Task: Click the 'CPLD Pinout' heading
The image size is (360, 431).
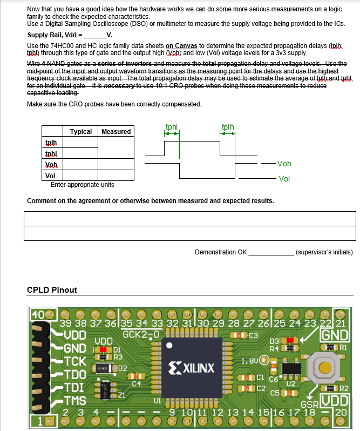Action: (52, 290)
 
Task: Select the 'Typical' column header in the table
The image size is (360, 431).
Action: (81, 131)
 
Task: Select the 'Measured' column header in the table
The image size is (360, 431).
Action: (116, 131)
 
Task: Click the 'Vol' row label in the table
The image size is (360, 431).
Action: (50, 176)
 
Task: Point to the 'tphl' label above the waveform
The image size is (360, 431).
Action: (171, 127)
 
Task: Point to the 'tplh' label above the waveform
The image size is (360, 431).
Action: (227, 127)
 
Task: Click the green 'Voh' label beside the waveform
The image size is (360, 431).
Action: (283, 164)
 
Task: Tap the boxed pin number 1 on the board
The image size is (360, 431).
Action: (39, 420)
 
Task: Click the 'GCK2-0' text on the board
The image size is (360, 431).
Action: (141, 333)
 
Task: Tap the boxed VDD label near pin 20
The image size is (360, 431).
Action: (335, 402)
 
